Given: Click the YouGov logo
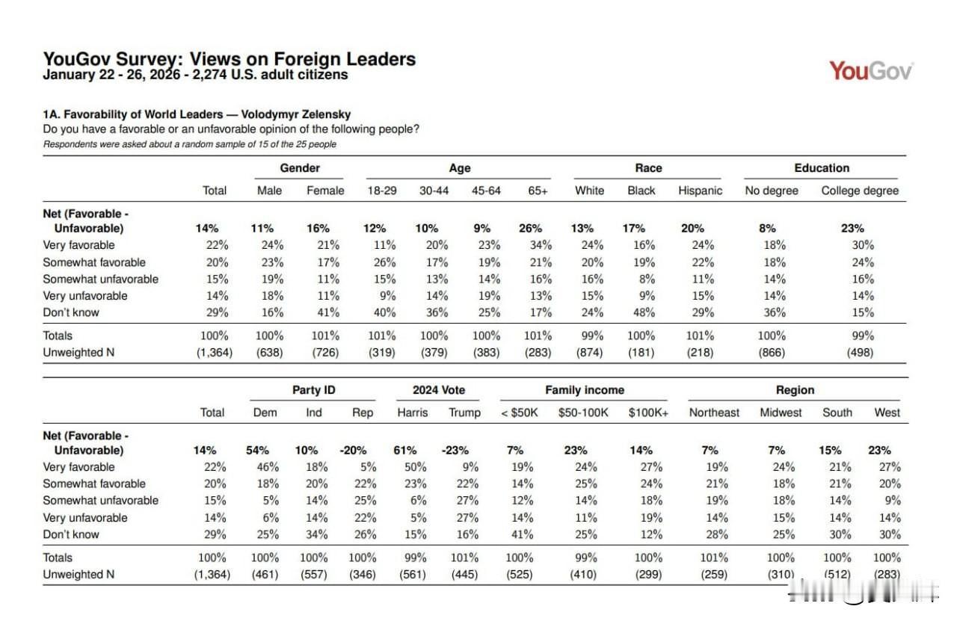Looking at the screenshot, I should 871,71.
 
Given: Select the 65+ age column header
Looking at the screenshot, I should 538,191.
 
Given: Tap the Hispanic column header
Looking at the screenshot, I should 700,191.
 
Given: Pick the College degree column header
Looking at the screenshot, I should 860,191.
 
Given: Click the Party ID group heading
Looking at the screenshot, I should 313,390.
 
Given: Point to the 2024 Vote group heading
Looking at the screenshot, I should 438,390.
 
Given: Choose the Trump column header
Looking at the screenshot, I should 464,413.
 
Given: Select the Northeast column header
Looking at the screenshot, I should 714,413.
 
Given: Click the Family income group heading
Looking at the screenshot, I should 584,390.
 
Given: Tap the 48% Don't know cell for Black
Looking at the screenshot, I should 641,312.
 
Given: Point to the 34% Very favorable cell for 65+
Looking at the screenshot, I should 540,245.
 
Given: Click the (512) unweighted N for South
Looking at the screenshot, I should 837,574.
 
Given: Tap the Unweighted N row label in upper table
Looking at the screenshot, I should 79,352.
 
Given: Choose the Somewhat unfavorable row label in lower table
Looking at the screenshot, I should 100,501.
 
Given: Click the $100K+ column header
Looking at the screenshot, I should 648,413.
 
